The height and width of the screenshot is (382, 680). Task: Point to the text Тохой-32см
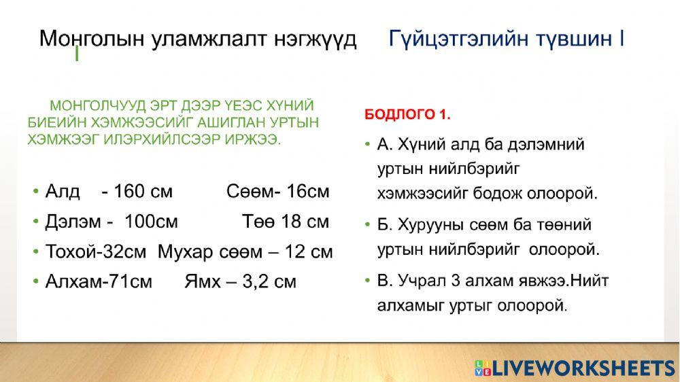tap(96, 251)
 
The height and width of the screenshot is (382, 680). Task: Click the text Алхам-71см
tap(99, 281)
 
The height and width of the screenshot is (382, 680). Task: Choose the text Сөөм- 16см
tap(277, 192)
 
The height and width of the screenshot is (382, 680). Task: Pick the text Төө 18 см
tap(286, 222)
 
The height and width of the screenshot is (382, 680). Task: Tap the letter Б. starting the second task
tap(384, 224)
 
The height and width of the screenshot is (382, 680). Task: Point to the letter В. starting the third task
tap(384, 280)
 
